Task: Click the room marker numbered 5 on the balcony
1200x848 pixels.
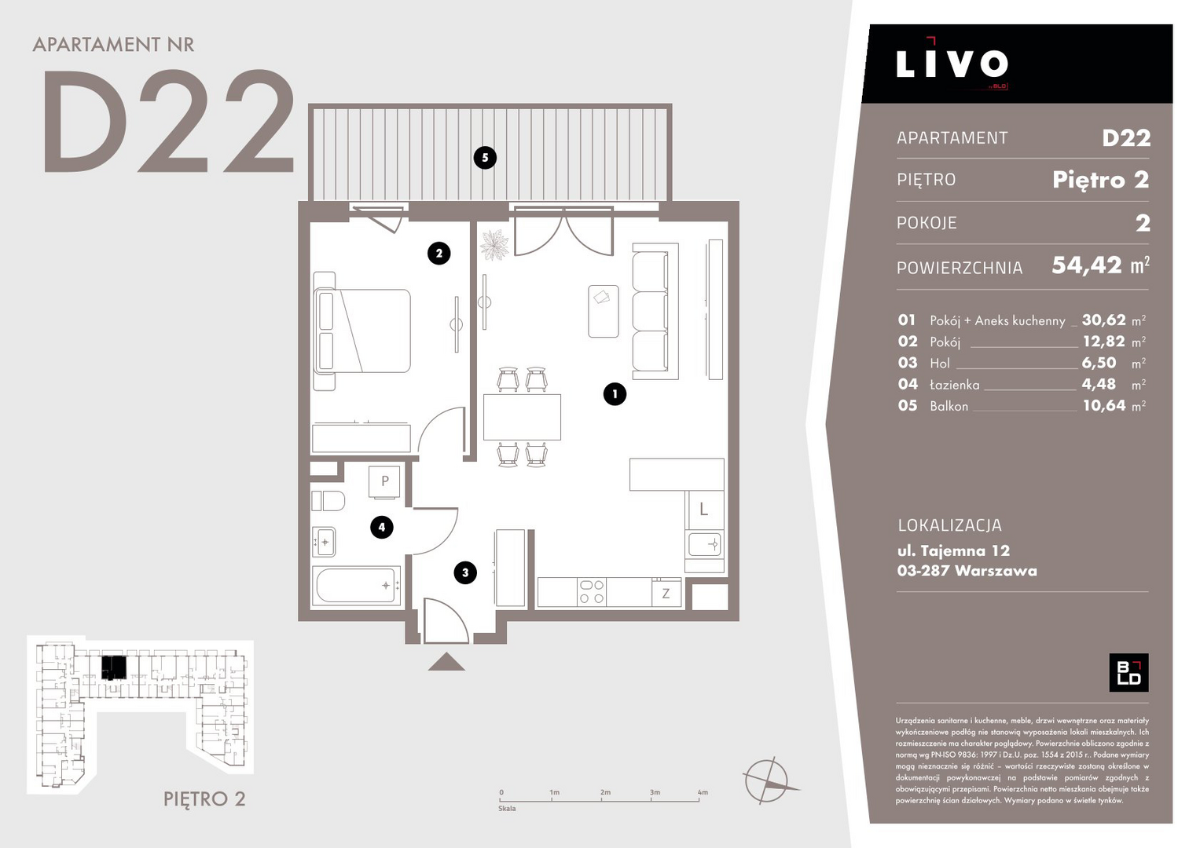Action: [x=485, y=158]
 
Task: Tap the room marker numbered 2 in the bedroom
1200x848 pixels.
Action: [x=439, y=253]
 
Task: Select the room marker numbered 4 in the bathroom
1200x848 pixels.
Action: [x=381, y=528]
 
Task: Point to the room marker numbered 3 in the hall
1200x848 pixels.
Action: [x=465, y=573]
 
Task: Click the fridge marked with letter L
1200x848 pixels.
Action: [x=704, y=509]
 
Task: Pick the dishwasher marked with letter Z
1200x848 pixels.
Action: [x=666, y=593]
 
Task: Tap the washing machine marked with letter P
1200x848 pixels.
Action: [x=384, y=481]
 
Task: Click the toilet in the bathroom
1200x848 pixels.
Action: [x=328, y=501]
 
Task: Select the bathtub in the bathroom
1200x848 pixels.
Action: [x=356, y=585]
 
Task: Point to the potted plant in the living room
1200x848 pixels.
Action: [x=494, y=245]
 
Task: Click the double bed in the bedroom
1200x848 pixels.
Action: [x=363, y=331]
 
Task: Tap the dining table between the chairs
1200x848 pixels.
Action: [x=522, y=417]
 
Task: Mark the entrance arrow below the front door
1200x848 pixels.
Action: [x=446, y=662]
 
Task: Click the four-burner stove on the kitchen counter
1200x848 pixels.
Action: [x=592, y=591]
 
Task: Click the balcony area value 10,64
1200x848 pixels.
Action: [x=1104, y=405]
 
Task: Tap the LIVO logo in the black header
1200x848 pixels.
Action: [x=952, y=64]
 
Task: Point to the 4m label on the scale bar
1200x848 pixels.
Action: [x=703, y=791]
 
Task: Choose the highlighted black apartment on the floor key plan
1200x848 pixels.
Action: [x=114, y=667]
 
